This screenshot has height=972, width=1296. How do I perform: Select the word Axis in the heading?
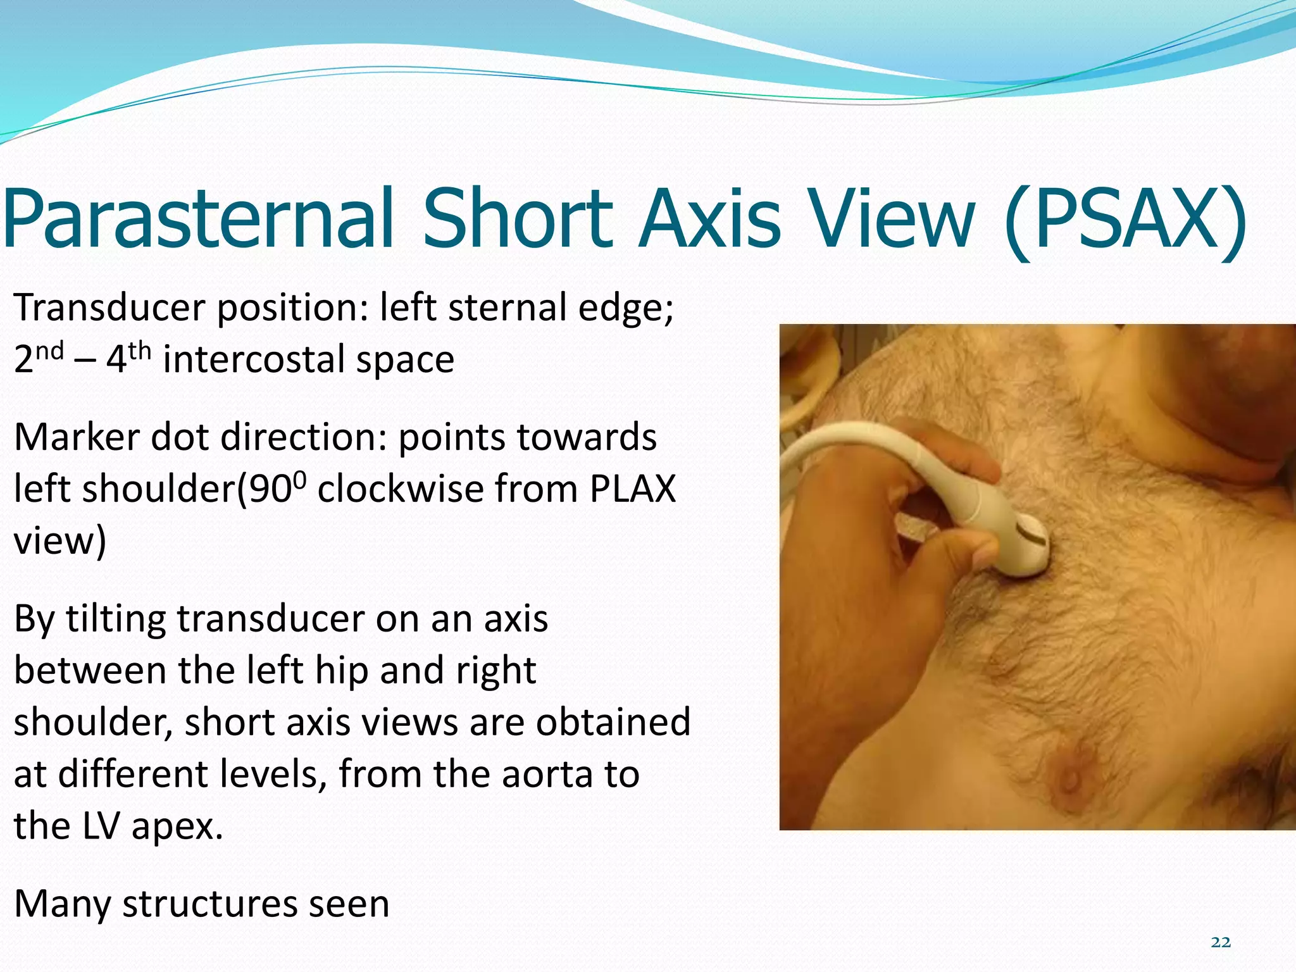(x=709, y=218)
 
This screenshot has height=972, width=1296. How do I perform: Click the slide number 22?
(x=1221, y=942)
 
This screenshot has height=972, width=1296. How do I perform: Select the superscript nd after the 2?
(x=49, y=350)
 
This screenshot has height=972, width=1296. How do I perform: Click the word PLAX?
(x=632, y=489)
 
